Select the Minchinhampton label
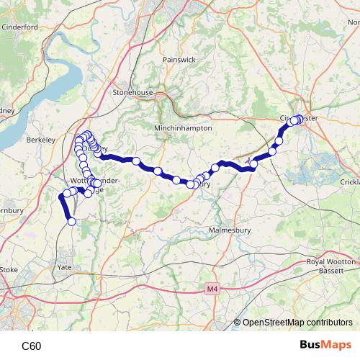tap(184, 127)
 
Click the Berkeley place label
tap(40, 139)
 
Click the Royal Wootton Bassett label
tap(330, 266)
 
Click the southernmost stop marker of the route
tap(71, 222)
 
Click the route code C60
tap(31, 346)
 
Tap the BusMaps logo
tap(325, 345)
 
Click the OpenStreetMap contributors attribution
tap(297, 323)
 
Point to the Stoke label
tap(9, 269)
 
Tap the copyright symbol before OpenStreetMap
tap(237, 323)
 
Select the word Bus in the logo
tap(312, 345)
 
